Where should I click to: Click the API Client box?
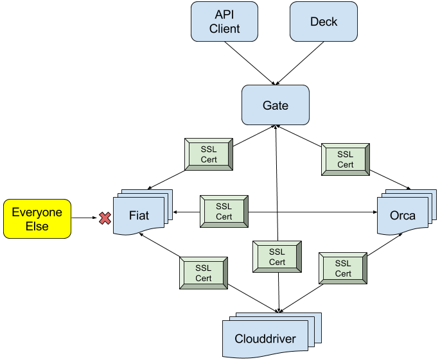click(x=224, y=22)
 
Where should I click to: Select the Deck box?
click(x=323, y=22)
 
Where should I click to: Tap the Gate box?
click(x=275, y=105)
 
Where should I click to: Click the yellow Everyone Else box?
click(x=37, y=219)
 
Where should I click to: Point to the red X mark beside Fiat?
click(x=105, y=219)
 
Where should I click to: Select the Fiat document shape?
click(x=139, y=216)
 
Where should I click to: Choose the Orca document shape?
click(x=402, y=216)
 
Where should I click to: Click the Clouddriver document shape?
click(x=265, y=339)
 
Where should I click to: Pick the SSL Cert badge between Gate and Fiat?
click(x=209, y=155)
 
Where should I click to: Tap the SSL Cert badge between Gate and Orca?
click(x=345, y=159)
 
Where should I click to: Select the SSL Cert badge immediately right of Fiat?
click(x=224, y=212)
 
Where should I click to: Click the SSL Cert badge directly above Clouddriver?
click(x=277, y=257)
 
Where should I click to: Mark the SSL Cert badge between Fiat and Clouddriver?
click(x=203, y=273)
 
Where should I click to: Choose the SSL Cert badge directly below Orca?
click(x=343, y=268)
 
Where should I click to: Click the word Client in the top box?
click(x=224, y=29)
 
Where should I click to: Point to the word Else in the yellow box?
click(x=37, y=227)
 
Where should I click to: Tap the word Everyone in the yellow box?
click(x=37, y=212)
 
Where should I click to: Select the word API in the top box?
click(x=224, y=15)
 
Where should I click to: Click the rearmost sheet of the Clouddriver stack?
click(x=316, y=317)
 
